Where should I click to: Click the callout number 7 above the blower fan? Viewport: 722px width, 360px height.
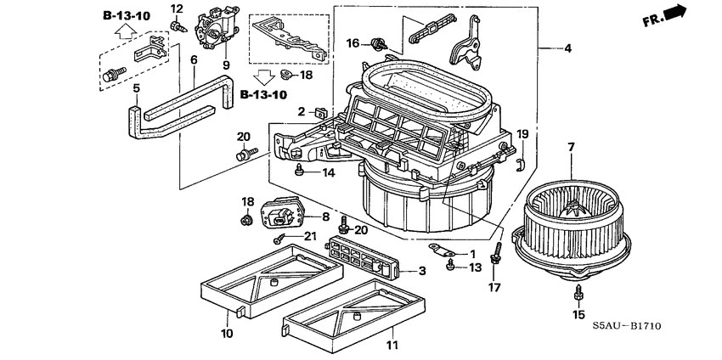(571, 148)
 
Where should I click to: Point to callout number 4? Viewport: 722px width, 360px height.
(567, 48)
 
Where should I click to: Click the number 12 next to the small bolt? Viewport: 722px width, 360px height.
(177, 8)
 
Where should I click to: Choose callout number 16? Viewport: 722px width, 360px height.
(353, 42)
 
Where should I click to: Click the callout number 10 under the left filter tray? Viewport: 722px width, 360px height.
(228, 335)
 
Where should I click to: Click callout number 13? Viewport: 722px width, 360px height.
(473, 268)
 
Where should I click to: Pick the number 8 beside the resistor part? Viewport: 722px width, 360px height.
(324, 218)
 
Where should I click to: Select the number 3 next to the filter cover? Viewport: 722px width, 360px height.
(422, 272)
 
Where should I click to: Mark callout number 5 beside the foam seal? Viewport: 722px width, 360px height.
(136, 87)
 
